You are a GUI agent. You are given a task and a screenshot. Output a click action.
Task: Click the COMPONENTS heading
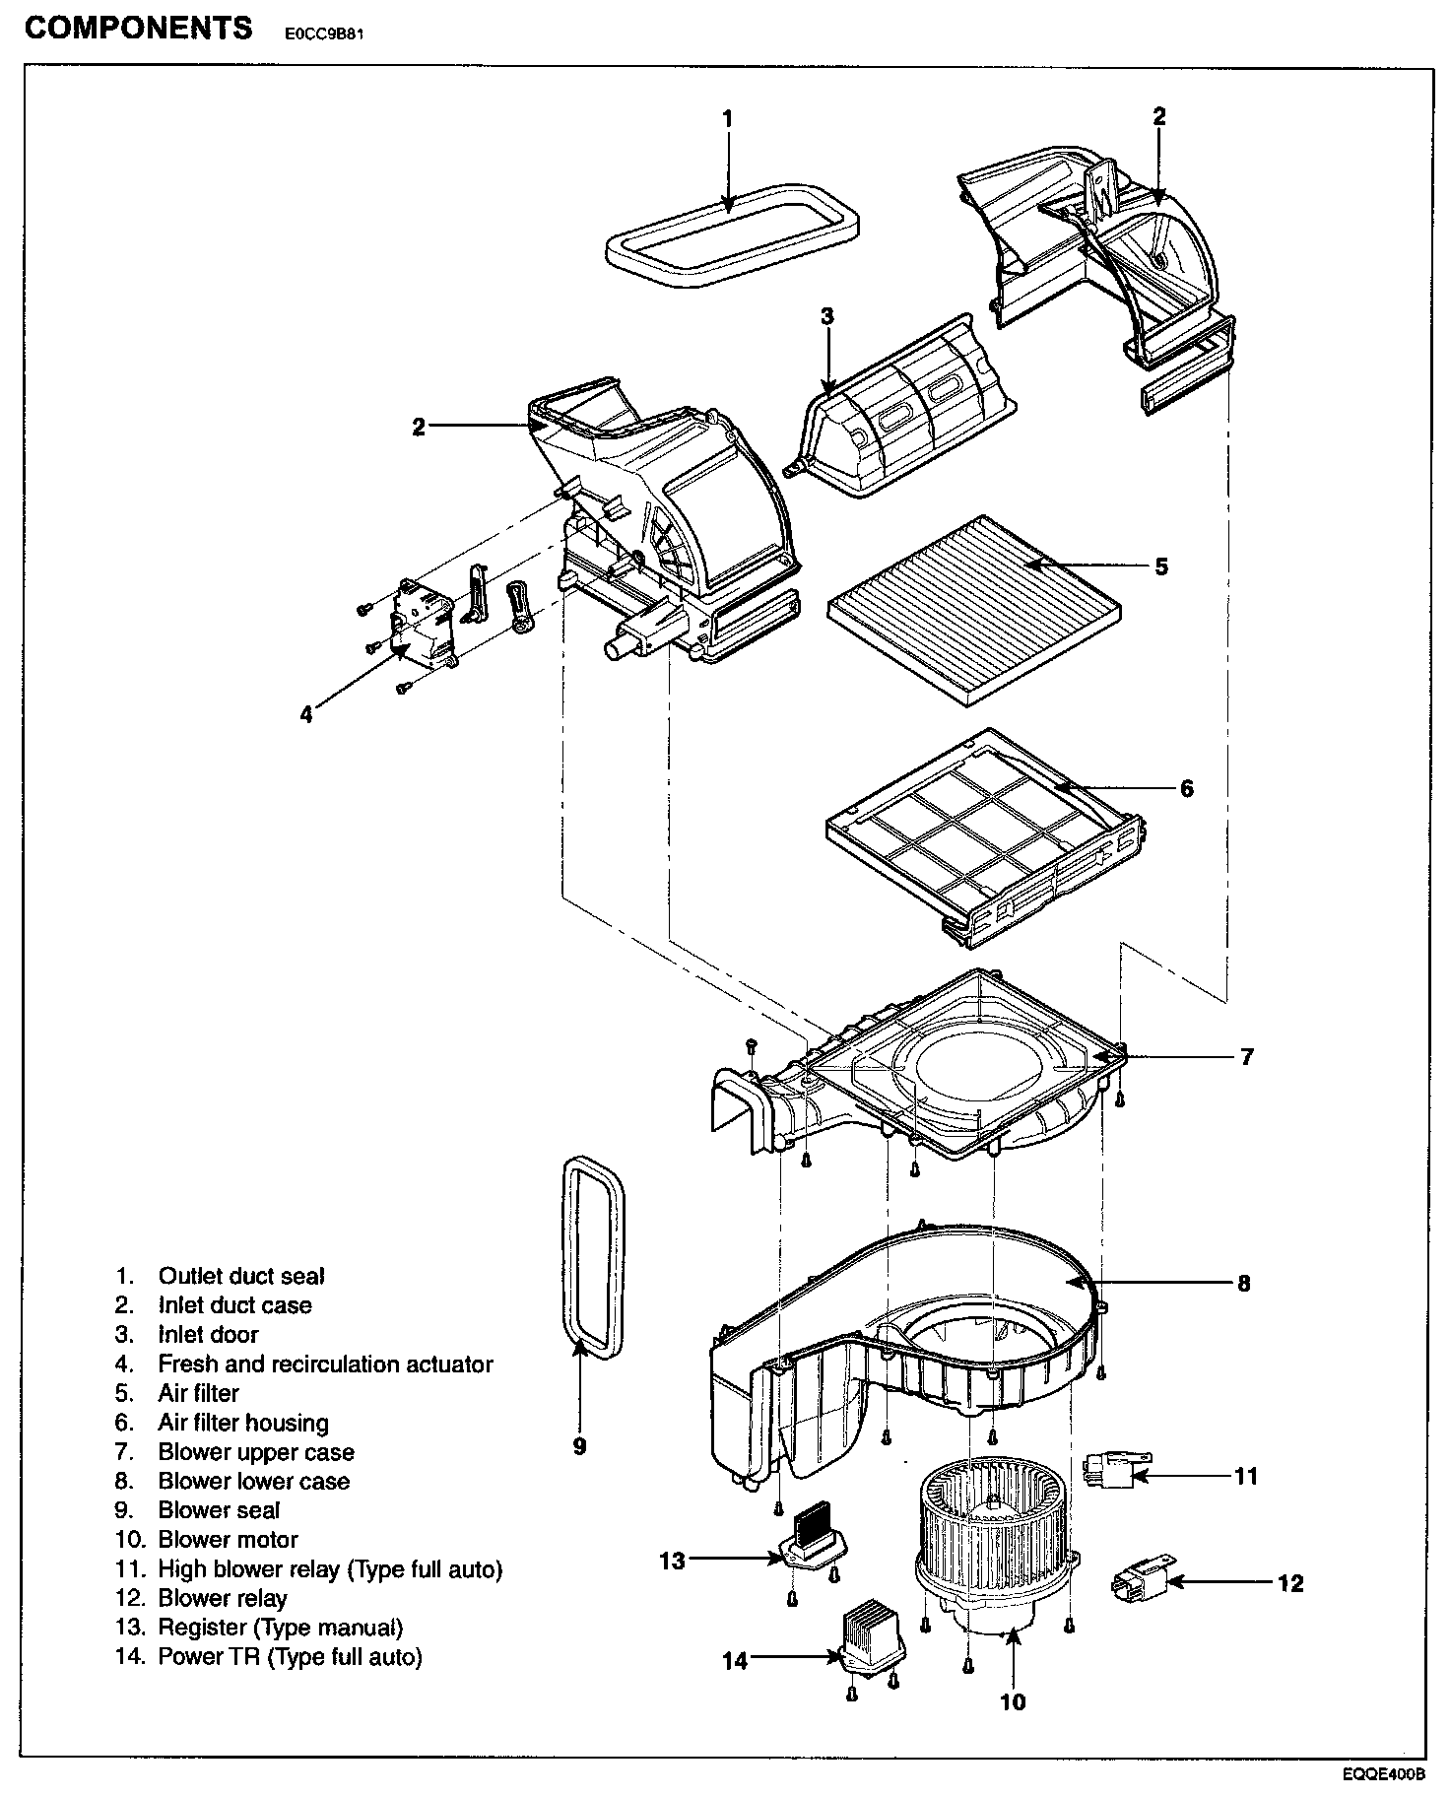pyautogui.click(x=138, y=28)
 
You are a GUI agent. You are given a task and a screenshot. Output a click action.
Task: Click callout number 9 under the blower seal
pyautogui.click(x=579, y=1445)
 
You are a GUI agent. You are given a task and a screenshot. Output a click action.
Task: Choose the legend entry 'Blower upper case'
pyautogui.click(x=256, y=1452)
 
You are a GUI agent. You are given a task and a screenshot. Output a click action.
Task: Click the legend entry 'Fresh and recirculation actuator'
pyautogui.click(x=325, y=1364)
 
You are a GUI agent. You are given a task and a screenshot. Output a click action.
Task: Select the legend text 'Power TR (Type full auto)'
pyautogui.click(x=290, y=1656)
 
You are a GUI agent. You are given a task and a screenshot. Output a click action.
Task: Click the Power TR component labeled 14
pyautogui.click(x=871, y=1638)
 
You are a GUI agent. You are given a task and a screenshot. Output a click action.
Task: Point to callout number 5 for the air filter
pyautogui.click(x=1161, y=566)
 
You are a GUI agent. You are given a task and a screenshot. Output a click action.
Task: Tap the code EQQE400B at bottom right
pyautogui.click(x=1383, y=1774)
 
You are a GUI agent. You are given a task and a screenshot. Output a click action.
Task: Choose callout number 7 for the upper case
pyautogui.click(x=1247, y=1057)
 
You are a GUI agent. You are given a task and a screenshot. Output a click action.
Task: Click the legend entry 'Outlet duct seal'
pyautogui.click(x=241, y=1276)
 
